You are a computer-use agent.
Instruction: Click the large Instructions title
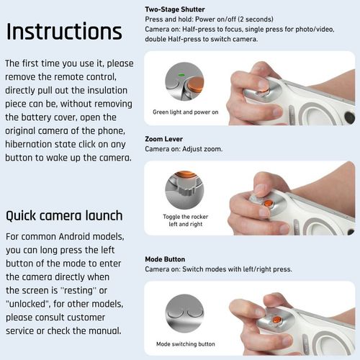point(64,32)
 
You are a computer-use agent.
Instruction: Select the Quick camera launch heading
point(64,215)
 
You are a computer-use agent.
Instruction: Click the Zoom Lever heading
point(164,138)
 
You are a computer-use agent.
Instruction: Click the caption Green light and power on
point(184,112)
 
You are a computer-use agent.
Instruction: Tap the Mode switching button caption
point(185,343)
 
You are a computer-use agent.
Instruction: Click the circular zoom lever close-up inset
point(184,189)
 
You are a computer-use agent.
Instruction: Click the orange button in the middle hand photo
point(268,204)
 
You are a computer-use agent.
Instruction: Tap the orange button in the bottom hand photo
point(276,319)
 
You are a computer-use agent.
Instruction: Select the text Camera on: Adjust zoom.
point(184,148)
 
